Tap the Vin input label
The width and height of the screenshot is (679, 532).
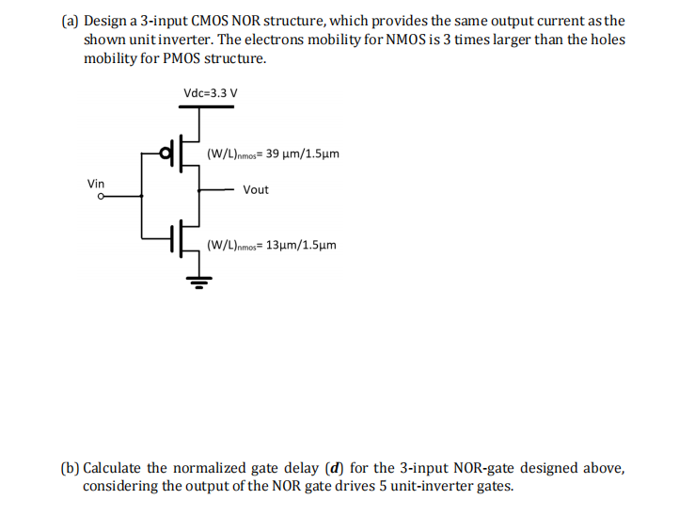pos(96,183)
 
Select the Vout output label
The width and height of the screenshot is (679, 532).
pos(255,189)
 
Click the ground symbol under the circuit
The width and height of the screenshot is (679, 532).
pos(198,280)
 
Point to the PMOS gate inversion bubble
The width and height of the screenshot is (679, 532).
pos(166,151)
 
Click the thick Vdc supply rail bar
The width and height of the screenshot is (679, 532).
pos(198,107)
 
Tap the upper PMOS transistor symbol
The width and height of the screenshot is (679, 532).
pos(183,151)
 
